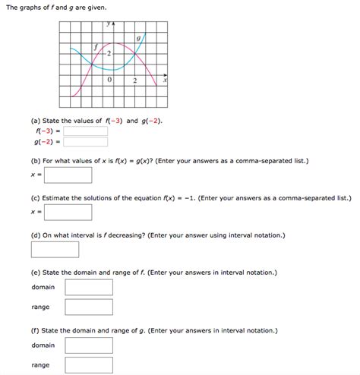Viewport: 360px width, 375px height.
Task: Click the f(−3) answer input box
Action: click(x=86, y=131)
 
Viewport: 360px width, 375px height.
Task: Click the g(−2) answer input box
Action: click(x=86, y=141)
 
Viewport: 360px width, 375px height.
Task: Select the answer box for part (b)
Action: click(x=68, y=175)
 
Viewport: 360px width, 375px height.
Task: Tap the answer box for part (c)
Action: click(x=68, y=212)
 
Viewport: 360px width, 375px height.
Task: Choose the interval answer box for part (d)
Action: click(x=55, y=249)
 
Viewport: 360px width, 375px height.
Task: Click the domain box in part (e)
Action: click(x=89, y=287)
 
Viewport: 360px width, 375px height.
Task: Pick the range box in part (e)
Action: click(x=89, y=307)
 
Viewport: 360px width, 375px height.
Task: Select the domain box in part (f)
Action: click(x=89, y=345)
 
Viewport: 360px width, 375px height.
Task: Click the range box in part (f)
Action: click(x=89, y=365)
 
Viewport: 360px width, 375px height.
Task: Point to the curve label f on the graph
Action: click(x=96, y=47)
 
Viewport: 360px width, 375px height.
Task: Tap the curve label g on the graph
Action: click(x=138, y=37)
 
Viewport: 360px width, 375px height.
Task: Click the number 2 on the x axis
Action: click(x=134, y=80)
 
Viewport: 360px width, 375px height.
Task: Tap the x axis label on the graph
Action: click(x=164, y=80)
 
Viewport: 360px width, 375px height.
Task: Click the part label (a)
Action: click(x=36, y=120)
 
